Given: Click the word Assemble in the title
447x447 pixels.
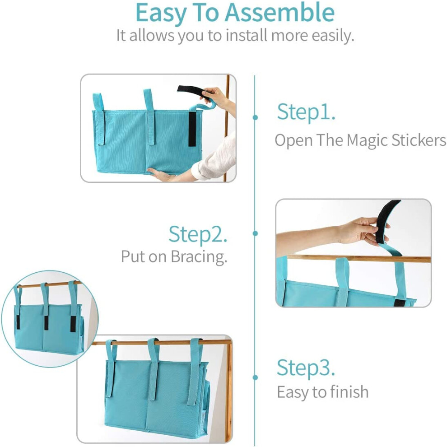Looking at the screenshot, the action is click(279, 13).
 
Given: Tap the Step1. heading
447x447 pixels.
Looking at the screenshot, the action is click(306, 112).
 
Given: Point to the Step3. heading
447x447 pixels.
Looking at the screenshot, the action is click(306, 368).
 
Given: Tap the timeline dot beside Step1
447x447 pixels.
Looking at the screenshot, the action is click(255, 117).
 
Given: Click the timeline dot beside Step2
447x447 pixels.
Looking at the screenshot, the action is click(255, 233).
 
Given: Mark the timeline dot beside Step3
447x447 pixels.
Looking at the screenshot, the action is click(255, 377).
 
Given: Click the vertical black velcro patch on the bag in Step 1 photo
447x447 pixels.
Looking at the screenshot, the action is click(192, 129).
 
